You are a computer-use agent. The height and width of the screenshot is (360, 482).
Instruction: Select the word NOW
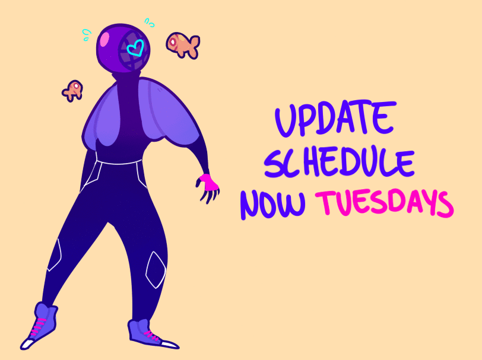tap(272, 203)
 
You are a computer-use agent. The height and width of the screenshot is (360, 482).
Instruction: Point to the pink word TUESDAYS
tap(384, 203)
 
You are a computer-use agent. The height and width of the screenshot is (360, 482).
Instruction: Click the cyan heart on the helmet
tap(135, 48)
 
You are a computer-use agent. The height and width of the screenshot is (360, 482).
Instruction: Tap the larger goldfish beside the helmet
tap(183, 45)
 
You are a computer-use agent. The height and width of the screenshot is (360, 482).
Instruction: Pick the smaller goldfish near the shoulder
tap(73, 91)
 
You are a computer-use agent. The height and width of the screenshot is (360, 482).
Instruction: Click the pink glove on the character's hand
tap(210, 182)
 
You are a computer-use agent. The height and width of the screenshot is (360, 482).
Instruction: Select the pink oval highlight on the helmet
tap(106, 39)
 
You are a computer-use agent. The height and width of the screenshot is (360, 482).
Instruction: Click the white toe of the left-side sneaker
tap(27, 344)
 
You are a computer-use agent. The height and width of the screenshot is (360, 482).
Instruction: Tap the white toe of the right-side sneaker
tap(169, 344)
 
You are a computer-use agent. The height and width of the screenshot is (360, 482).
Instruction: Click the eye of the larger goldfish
tap(173, 41)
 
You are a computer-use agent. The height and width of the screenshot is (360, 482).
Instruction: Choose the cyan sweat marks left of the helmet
tap(87, 35)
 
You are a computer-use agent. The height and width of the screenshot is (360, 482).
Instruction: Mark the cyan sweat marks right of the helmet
tap(150, 23)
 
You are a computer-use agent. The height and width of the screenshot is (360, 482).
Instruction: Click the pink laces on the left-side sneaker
tap(37, 327)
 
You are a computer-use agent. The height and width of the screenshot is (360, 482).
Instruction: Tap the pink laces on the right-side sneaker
tap(151, 336)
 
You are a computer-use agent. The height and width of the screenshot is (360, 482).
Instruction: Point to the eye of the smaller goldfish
tap(75, 85)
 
